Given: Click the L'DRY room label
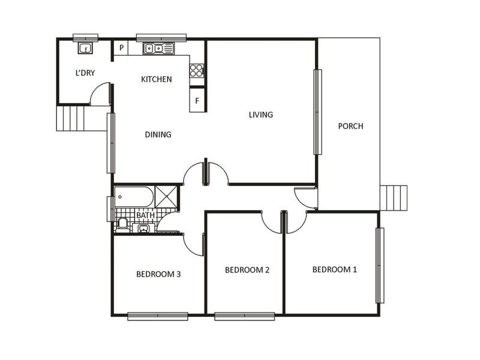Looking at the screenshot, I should [85, 73].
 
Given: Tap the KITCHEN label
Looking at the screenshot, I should [157, 79].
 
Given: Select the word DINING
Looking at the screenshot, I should [158, 134].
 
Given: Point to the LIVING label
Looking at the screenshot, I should [261, 115].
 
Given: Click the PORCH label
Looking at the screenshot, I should [350, 126].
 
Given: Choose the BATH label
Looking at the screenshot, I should [145, 215].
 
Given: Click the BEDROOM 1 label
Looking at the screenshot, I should [335, 269].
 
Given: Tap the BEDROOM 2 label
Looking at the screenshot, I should [247, 270].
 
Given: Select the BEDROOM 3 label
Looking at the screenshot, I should [158, 274].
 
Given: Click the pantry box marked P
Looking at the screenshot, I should [121, 48].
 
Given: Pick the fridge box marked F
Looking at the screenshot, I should [197, 100].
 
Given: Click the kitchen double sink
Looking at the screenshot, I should [158, 49].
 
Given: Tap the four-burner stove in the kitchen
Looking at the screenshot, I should [197, 70].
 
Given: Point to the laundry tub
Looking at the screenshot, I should [86, 48].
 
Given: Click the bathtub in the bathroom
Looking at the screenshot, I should [134, 196].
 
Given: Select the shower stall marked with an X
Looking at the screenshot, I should [166, 197].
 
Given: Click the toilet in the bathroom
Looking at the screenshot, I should [122, 223].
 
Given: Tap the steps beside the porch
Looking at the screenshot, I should [394, 197].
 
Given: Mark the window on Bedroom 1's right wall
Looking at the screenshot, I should [379, 265].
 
